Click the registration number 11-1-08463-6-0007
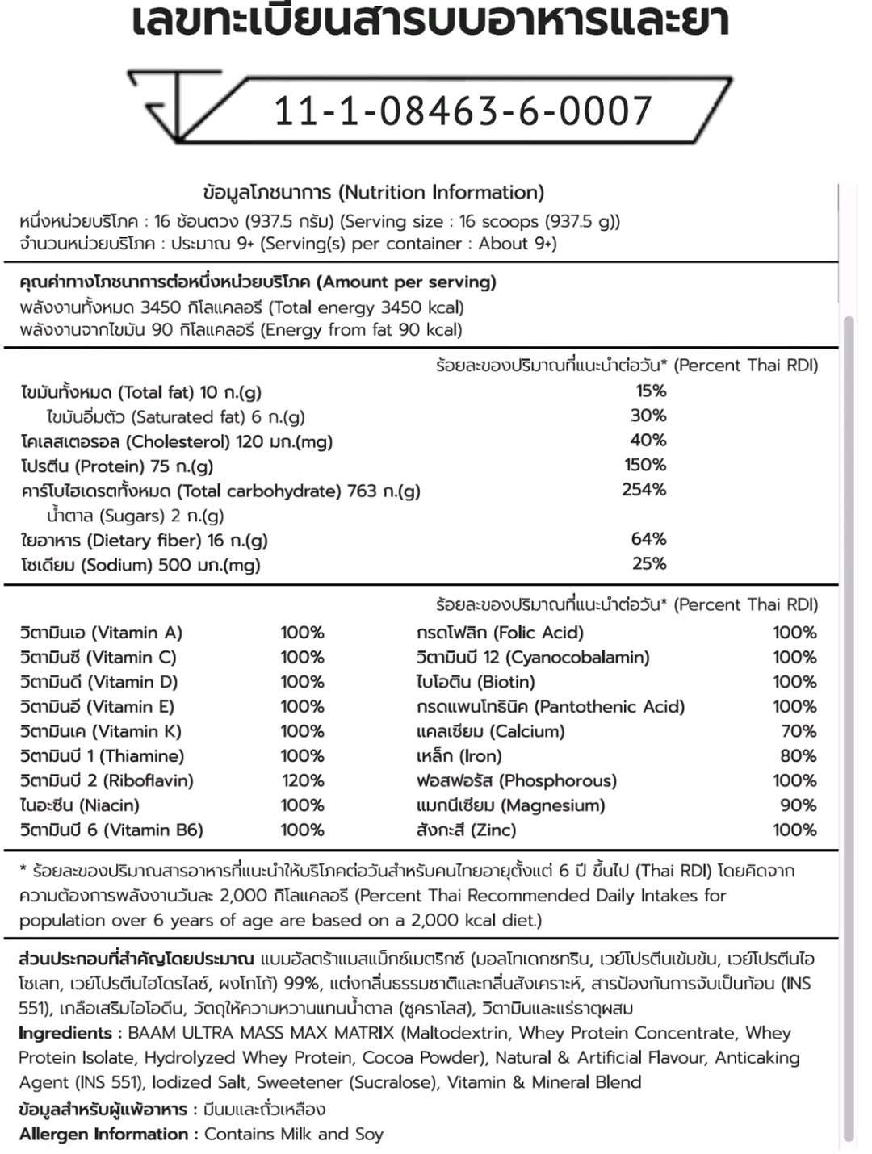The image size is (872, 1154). tap(463, 111)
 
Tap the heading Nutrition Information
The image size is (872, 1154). tap(441, 192)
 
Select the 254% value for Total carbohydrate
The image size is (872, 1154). tap(644, 490)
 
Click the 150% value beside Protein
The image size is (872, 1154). tap(645, 465)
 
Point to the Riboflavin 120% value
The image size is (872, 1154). tap(302, 780)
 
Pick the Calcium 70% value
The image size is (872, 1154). tap(799, 731)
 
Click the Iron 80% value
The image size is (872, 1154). tap(798, 756)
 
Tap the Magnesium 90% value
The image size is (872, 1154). tap(798, 805)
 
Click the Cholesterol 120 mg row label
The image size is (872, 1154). tap(177, 441)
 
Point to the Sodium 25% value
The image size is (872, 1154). tap(648, 564)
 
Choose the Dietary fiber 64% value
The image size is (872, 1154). tap(648, 539)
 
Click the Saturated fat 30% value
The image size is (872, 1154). tap(648, 416)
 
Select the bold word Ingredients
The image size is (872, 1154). tap(65, 1033)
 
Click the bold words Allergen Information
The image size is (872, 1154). tap(103, 1134)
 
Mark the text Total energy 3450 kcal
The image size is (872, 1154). tap(366, 307)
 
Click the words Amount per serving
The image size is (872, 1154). tap(406, 282)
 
